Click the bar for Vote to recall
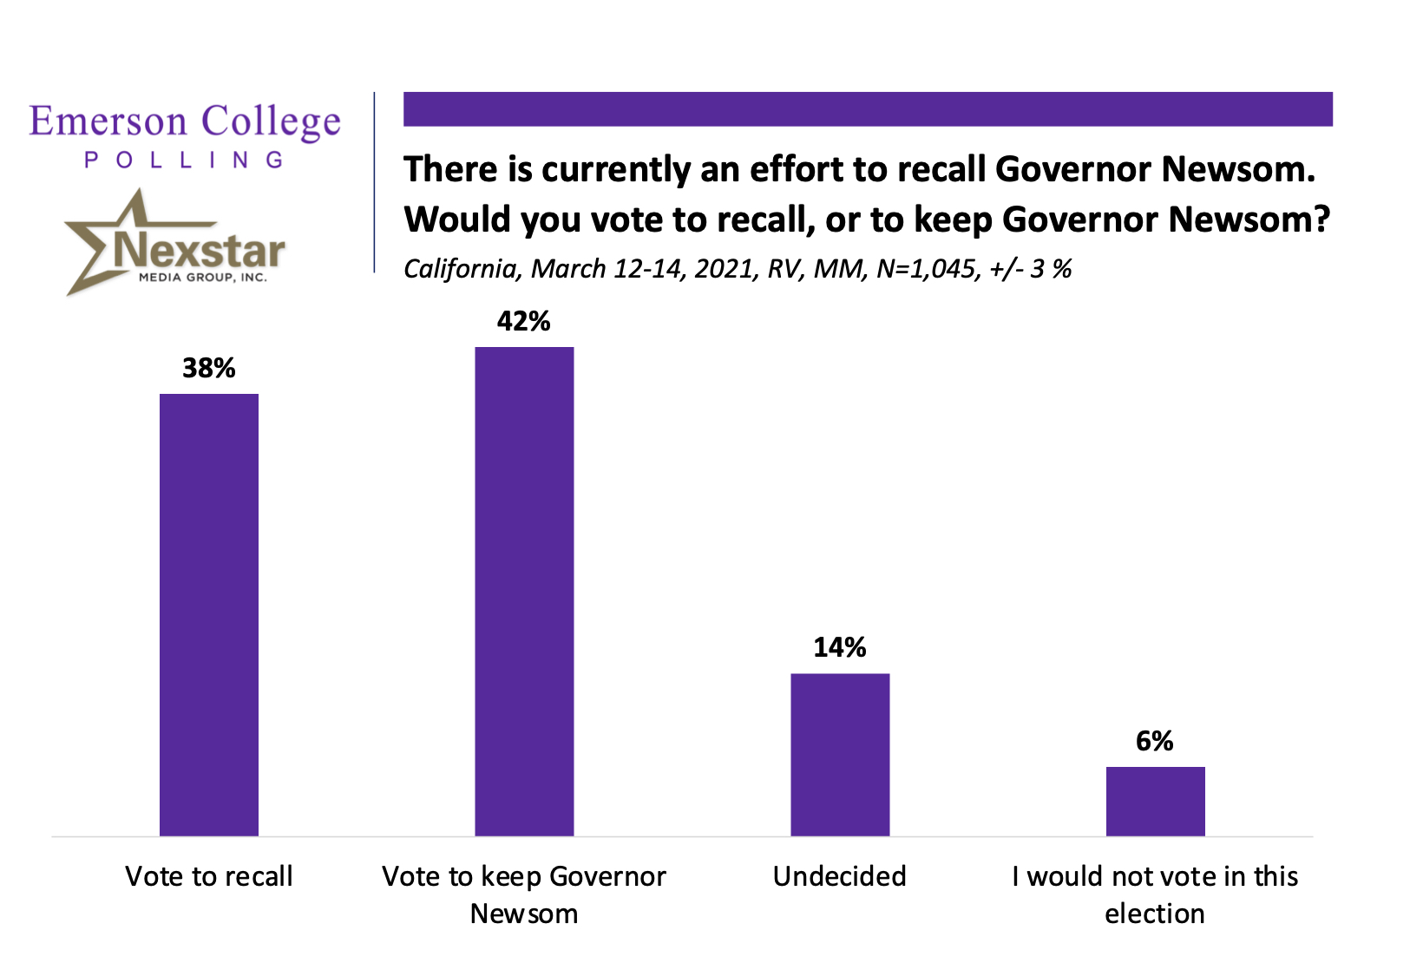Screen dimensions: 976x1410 click(x=209, y=614)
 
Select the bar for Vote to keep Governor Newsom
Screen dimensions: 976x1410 click(x=524, y=591)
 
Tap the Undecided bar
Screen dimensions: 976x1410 click(x=840, y=754)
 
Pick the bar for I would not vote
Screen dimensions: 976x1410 click(x=1155, y=801)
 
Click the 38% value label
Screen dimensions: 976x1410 click(x=209, y=368)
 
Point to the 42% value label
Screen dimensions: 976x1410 click(x=524, y=322)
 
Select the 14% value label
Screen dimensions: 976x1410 click(x=840, y=647)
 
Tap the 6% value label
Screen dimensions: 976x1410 click(x=1155, y=741)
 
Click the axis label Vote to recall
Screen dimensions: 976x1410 click(x=209, y=876)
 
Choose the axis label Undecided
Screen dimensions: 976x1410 click(x=840, y=876)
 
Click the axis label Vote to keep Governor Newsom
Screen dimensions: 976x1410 click(x=524, y=894)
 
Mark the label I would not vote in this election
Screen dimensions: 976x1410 click(x=1155, y=894)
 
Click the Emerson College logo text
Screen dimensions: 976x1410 click(x=185, y=122)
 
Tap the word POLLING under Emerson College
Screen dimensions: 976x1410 click(x=185, y=160)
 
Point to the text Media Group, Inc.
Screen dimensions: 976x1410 click(x=203, y=278)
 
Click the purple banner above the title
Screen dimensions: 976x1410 click(x=868, y=109)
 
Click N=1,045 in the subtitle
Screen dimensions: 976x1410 click(x=927, y=269)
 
